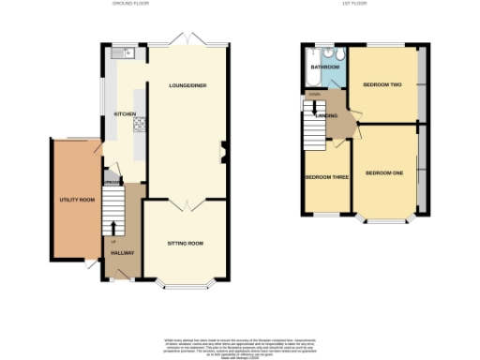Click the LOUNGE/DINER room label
coord(187,86)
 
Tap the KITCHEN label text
coord(126,114)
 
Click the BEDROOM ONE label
coord(384,172)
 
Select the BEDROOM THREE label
coord(327,175)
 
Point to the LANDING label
coord(327,115)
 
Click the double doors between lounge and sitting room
coord(185,202)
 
